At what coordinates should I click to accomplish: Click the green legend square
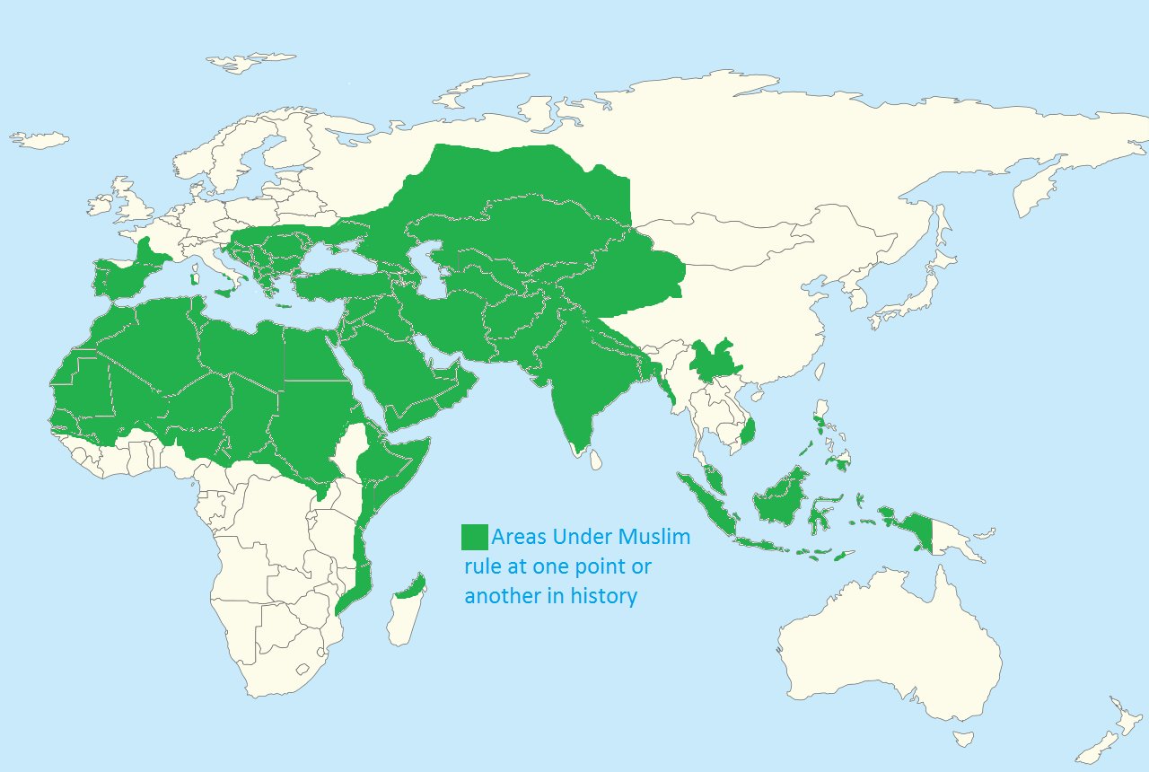pyautogui.click(x=474, y=537)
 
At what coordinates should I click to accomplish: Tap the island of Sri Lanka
pyautogui.click(x=595, y=459)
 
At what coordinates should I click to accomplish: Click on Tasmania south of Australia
pyautogui.click(x=963, y=739)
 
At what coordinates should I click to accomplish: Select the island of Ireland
pyautogui.click(x=101, y=206)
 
